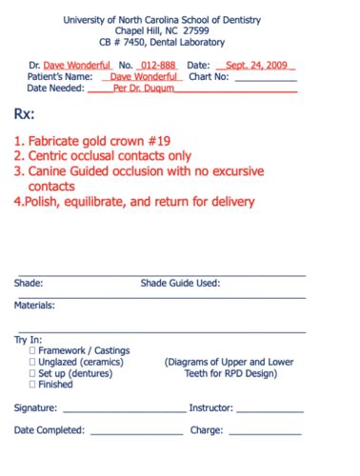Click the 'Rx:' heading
pos(26,113)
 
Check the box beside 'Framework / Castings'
pos(33,350)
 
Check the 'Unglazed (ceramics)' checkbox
pos(33,362)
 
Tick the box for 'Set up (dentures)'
pos(33,373)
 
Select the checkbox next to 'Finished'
pos(33,385)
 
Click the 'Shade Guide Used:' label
pos(181,283)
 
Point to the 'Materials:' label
pos(34,306)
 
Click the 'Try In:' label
pos(29,339)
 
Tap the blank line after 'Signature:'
pos(124,409)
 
